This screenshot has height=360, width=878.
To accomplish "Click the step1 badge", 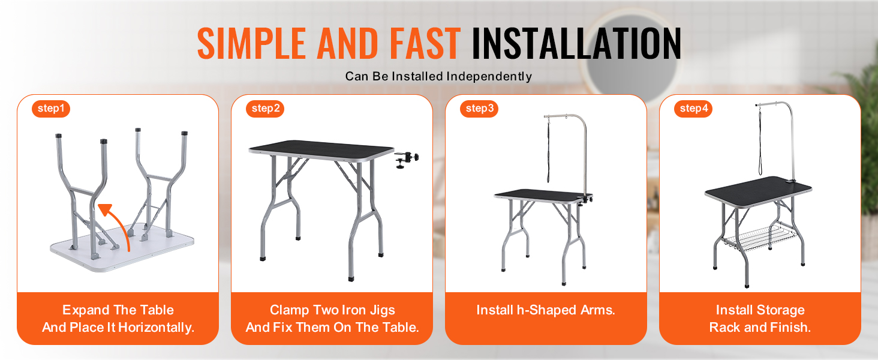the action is tap(51, 109).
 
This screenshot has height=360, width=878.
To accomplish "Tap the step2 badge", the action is tap(265, 109).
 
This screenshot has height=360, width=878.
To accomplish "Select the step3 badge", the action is tap(479, 109).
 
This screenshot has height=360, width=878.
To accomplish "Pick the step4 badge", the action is tap(693, 109).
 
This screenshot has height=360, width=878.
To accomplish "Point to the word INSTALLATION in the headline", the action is tap(576, 43).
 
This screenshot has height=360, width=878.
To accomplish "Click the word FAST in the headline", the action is tap(425, 43).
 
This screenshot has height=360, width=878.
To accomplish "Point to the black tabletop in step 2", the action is tap(321, 149).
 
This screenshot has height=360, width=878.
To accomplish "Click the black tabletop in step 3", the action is tap(543, 195).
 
